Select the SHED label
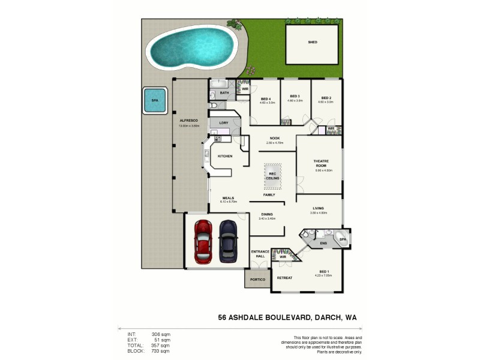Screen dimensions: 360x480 coord(313,43)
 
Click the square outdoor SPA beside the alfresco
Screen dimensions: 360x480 coord(155,101)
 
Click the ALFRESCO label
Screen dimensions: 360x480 coord(189,121)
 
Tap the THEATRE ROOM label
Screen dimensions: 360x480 coord(320,163)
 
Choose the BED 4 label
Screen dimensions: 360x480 coord(267,98)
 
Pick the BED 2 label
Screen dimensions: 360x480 coord(326,98)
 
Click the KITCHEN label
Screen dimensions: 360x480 coord(225,156)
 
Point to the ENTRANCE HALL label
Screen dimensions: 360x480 coord(259,254)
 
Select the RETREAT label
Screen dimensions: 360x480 coord(284,278)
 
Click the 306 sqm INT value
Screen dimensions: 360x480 coord(162,334)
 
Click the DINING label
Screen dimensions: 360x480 coord(267,214)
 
